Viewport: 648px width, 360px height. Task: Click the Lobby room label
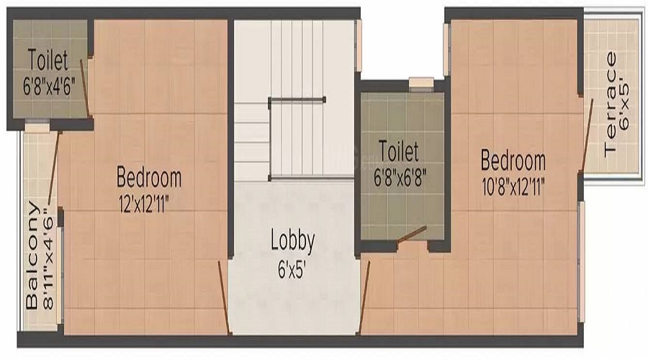292,241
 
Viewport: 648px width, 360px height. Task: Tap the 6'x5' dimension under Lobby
292,272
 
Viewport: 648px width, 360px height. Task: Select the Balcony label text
32,255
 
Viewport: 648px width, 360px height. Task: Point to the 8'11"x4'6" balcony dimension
48,258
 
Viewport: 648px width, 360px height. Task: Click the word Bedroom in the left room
149,177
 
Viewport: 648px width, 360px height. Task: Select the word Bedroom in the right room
513,159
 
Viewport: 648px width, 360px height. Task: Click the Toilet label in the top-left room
48,58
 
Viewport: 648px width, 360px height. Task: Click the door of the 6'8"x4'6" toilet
84,86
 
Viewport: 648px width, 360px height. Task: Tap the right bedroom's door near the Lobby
364,295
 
